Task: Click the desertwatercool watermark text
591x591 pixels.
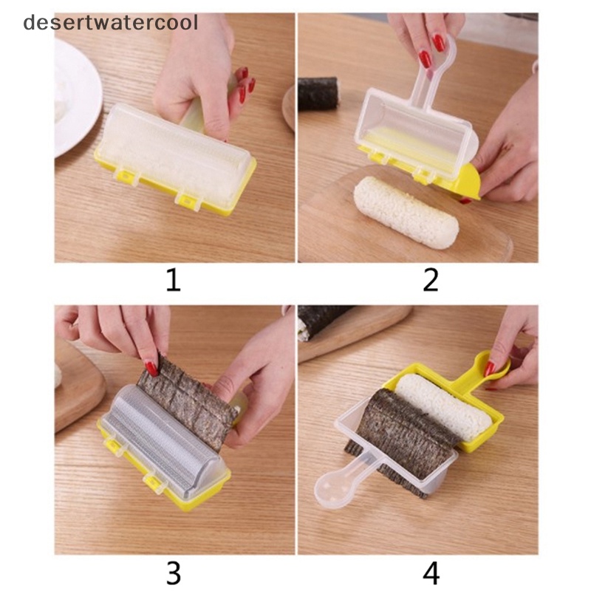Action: pyautogui.click(x=110, y=23)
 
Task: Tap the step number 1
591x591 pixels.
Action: pyautogui.click(x=174, y=280)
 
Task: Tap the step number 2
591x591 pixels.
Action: pyautogui.click(x=431, y=280)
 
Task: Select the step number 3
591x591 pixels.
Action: pyautogui.click(x=174, y=573)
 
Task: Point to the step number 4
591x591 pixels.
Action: pyautogui.click(x=431, y=573)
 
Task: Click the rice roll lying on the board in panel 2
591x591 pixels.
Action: pyautogui.click(x=406, y=212)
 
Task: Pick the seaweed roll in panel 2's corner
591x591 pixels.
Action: pyautogui.click(x=319, y=94)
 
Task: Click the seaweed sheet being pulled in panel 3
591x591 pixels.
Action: pyautogui.click(x=188, y=401)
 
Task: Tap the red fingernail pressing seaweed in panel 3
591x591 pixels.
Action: pyautogui.click(x=151, y=368)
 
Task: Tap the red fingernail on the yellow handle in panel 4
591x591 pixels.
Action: pyautogui.click(x=490, y=368)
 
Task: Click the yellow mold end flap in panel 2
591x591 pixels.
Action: pyautogui.click(x=469, y=182)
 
